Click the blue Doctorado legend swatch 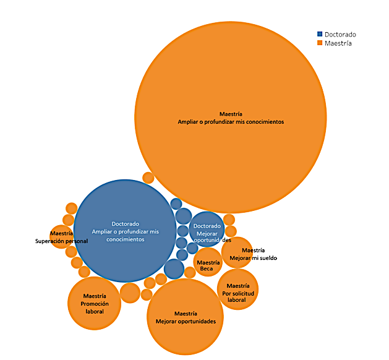(320, 35)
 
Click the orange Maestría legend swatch (320, 43)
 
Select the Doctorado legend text (340, 35)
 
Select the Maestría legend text (338, 43)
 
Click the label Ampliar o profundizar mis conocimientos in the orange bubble (230, 122)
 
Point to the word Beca (207, 268)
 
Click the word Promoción (95, 304)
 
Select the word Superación (50, 241)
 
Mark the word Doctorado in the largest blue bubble (125, 223)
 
